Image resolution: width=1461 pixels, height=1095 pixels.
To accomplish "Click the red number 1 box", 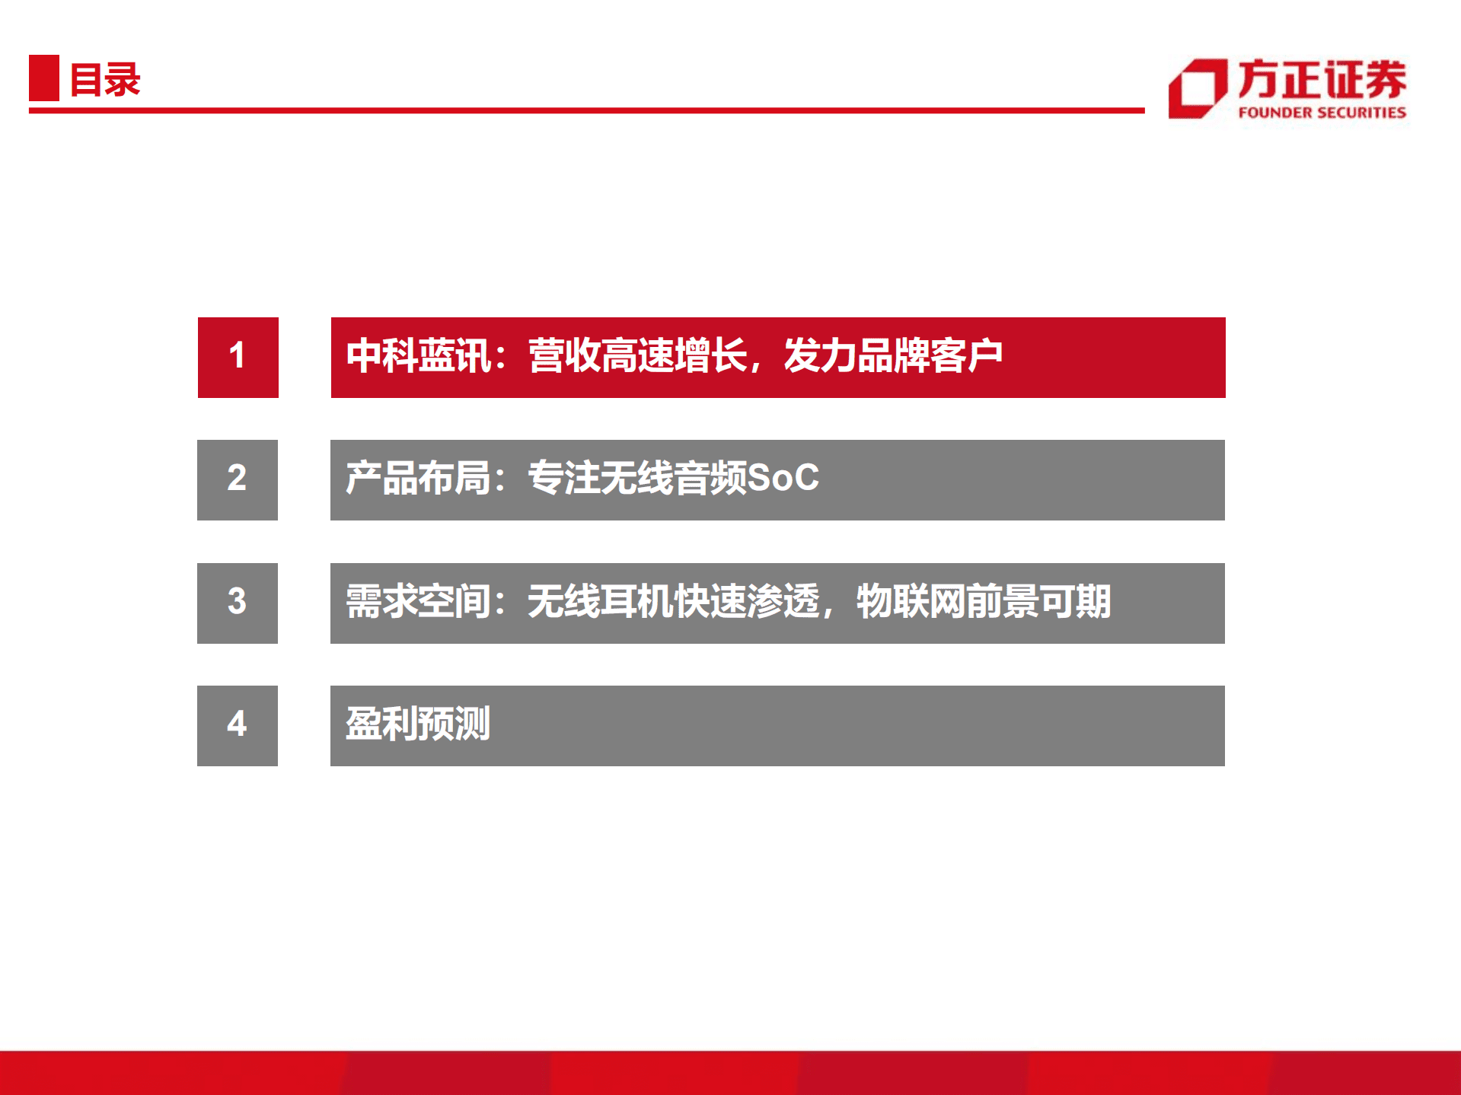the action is (238, 357).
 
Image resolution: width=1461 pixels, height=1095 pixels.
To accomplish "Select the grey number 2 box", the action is (238, 480).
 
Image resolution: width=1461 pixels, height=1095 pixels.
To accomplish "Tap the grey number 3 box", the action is (238, 603).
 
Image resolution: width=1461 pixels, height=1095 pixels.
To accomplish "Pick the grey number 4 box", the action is (238, 726).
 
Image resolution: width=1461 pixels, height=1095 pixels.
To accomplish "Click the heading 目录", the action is (105, 79).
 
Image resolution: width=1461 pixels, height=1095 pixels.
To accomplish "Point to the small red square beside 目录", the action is (44, 78).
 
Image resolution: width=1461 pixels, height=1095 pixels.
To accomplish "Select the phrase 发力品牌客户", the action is (893, 356).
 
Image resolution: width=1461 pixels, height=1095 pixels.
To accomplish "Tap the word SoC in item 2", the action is (783, 478).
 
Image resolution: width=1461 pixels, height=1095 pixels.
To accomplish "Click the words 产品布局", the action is (418, 479).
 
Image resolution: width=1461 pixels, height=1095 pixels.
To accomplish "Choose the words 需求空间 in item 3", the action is (418, 601).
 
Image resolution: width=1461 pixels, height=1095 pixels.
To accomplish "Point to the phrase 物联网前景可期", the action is (984, 601).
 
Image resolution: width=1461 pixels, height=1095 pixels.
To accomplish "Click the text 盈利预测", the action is (418, 724).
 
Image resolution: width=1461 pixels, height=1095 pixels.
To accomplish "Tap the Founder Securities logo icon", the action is (1198, 88).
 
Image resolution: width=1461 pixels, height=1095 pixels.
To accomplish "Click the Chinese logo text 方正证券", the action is (1322, 79).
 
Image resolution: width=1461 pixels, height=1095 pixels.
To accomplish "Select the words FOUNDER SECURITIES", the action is (1322, 113).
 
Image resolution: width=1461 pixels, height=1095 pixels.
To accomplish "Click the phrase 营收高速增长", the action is (638, 356).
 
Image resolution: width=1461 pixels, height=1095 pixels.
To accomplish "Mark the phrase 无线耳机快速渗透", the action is (674, 601).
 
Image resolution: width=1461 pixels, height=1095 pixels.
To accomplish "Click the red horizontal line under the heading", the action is (587, 110).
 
